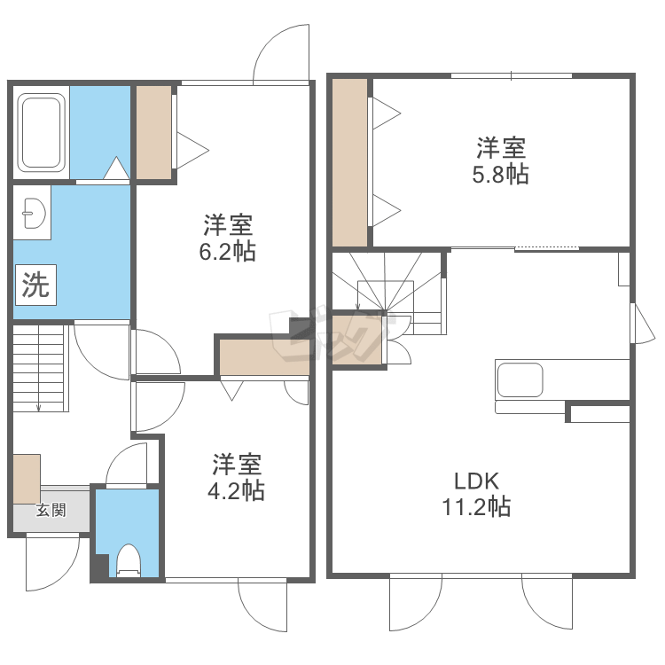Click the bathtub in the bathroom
(x=41, y=133)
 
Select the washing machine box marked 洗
(x=36, y=285)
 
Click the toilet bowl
(x=128, y=560)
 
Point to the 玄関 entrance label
(x=51, y=510)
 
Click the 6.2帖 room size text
(x=228, y=252)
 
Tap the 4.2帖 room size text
(x=236, y=491)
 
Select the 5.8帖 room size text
(x=500, y=175)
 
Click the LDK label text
(x=477, y=481)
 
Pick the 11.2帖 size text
(x=476, y=507)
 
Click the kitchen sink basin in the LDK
(x=520, y=379)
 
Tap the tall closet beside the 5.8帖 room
(x=349, y=162)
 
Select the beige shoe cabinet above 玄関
(x=27, y=479)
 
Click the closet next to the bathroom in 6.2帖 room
(x=153, y=132)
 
